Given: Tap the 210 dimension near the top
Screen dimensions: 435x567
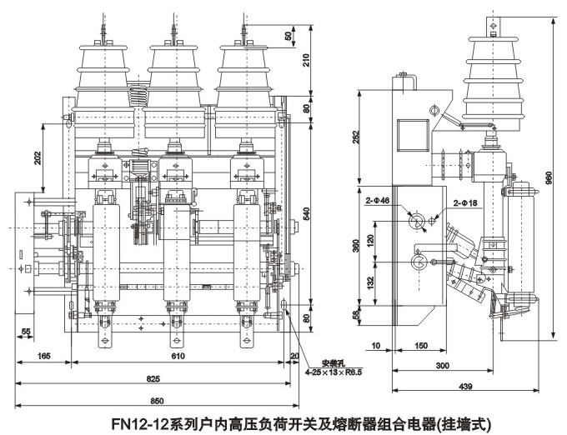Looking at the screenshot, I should coord(307,60).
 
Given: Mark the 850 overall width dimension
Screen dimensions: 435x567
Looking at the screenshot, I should coord(155,398).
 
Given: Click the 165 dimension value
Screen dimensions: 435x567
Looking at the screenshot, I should coord(44,357).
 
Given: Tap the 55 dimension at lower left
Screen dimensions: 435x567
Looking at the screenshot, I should coord(27,332).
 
